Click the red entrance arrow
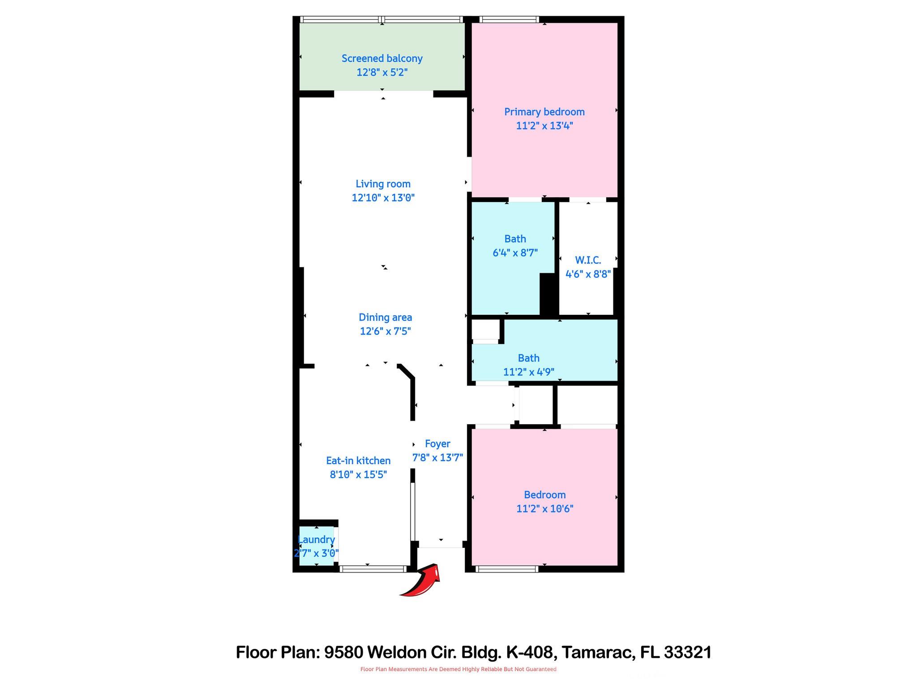point(422,581)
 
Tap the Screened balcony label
point(382,58)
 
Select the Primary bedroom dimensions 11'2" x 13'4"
point(544,126)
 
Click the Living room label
point(383,184)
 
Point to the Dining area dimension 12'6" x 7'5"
point(385,331)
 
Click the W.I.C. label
point(588,260)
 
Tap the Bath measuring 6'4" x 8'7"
point(515,245)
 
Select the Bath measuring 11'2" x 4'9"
point(529,365)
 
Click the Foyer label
point(437,443)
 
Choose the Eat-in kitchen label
point(358,460)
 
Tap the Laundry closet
point(316,546)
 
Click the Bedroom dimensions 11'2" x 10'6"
point(544,509)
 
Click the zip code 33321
point(687,652)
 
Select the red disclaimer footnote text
point(458,669)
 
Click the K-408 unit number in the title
point(529,652)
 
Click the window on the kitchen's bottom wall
point(373,569)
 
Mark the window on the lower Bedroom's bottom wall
point(506,569)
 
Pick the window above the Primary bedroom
point(509,19)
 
